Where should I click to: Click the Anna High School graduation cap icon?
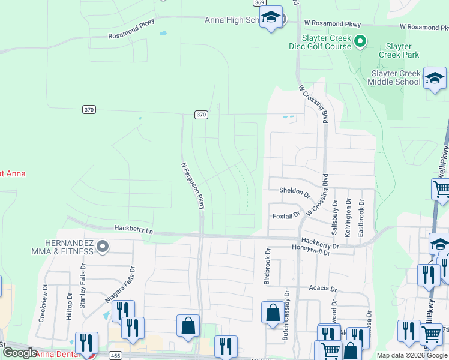tap(271, 17)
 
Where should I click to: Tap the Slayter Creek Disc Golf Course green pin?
tap(360, 41)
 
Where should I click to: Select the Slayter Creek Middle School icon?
tap(435, 79)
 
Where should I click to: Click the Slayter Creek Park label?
tap(399, 50)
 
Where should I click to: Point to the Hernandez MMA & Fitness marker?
tap(103, 246)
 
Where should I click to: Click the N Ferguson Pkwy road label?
tap(193, 185)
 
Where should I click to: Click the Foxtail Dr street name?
tap(286, 215)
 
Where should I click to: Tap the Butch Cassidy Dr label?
tap(286, 316)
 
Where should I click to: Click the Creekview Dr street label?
tap(42, 304)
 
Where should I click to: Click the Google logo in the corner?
tap(20, 353)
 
